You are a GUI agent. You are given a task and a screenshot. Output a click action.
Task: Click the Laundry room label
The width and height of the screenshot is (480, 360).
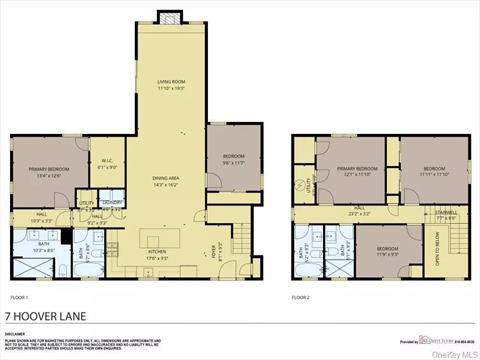(x=111, y=204)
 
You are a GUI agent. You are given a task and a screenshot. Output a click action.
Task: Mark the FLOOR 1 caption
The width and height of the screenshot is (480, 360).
(x=20, y=298)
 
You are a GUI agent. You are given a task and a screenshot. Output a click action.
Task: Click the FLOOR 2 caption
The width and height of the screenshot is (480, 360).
(x=302, y=298)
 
